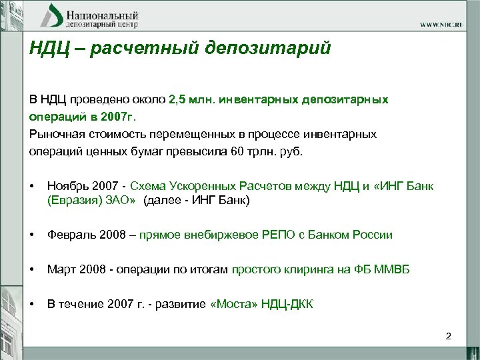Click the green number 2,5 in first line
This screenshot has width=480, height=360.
click(179, 99)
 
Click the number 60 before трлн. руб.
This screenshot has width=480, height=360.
click(237, 151)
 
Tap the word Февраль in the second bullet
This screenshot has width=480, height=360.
click(70, 235)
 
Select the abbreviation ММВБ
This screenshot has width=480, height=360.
click(390, 269)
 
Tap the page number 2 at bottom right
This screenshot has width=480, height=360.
click(449, 336)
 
